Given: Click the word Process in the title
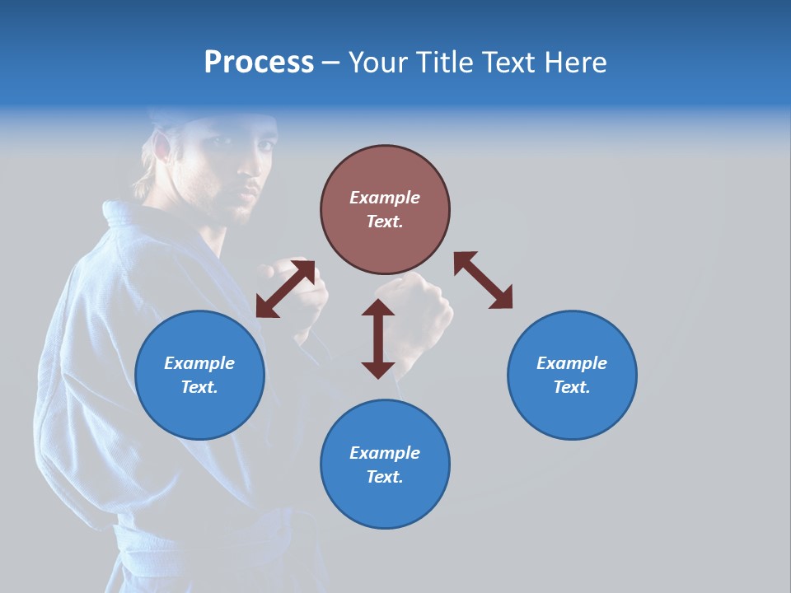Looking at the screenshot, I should click(x=259, y=63).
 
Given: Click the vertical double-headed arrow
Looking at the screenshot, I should click(x=378, y=339).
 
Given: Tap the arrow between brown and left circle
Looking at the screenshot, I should click(x=285, y=288).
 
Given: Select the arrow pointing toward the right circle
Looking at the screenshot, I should click(x=484, y=280).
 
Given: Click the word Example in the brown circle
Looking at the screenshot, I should click(x=385, y=198).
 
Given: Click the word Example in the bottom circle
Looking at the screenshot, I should click(x=385, y=452).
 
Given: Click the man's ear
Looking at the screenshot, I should click(x=163, y=148).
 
